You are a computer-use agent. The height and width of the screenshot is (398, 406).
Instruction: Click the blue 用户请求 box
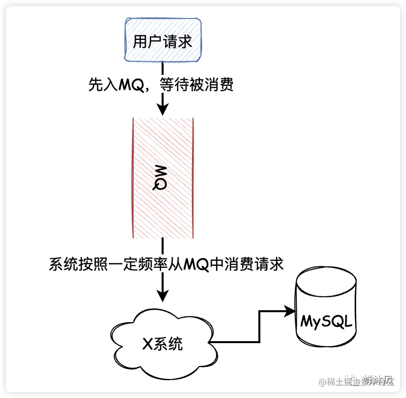click(163, 40)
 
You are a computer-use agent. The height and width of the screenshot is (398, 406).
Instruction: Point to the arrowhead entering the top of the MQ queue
click(163, 111)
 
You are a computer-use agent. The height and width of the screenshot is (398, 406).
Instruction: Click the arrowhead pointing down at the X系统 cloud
click(163, 296)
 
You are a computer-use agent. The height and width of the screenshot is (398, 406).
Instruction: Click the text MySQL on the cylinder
click(327, 320)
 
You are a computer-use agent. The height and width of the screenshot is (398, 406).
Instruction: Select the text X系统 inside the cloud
click(163, 344)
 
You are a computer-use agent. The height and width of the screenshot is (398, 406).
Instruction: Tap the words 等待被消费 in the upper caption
click(197, 85)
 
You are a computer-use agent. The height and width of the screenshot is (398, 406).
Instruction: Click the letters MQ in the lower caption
click(196, 264)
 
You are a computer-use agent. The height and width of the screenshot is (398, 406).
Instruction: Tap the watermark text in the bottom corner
click(360, 382)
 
